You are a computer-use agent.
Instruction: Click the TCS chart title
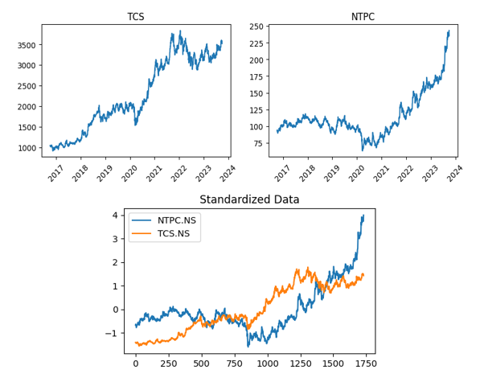[136, 17]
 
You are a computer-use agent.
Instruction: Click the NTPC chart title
[363, 17]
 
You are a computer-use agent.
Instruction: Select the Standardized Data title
[249, 199]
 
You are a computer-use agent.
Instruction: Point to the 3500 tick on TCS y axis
[26, 45]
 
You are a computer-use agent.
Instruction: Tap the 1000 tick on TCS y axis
[26, 148]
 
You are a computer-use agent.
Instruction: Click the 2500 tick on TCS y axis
[26, 86]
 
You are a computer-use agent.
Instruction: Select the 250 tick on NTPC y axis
[255, 27]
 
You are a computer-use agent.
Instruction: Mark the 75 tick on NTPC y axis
[257, 143]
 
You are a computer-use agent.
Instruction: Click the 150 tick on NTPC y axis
[255, 93]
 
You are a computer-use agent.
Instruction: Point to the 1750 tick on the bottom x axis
[365, 364]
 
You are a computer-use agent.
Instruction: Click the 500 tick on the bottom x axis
[201, 364]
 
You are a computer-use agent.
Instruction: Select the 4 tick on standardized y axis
[116, 216]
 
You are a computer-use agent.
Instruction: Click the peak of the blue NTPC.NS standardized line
[363, 215]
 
